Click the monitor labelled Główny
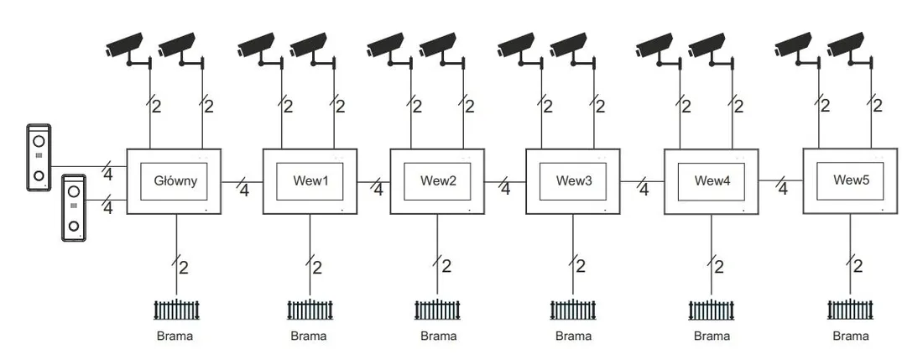click(175, 181)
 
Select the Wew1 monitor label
click(310, 181)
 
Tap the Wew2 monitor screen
click(437, 181)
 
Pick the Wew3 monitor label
click(573, 181)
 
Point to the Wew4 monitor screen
click(712, 181)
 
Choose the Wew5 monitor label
click(851, 180)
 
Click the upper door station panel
click(39, 157)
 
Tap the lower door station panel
click(74, 207)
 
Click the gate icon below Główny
click(176, 310)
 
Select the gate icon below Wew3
click(573, 310)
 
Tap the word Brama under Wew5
click(851, 337)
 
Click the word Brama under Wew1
click(309, 337)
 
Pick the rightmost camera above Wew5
click(849, 50)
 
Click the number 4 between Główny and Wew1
click(244, 190)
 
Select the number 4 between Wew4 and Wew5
click(783, 190)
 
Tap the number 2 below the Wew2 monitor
click(446, 267)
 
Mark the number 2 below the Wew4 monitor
click(719, 268)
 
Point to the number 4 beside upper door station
click(107, 175)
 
